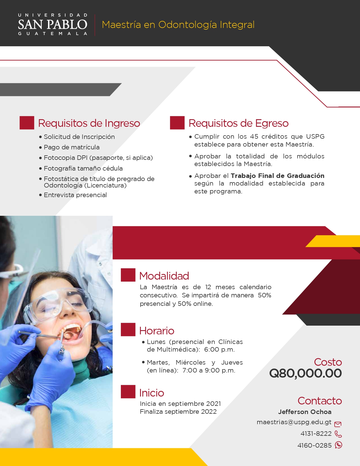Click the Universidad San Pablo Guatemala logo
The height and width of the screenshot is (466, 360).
click(x=53, y=24)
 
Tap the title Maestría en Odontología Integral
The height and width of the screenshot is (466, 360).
click(x=178, y=25)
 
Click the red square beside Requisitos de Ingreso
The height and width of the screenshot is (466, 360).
click(x=27, y=123)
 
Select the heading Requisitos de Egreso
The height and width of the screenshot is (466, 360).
click(x=238, y=123)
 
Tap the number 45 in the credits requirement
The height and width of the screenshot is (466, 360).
click(x=254, y=136)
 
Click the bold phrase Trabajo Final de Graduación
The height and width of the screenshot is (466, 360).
click(x=278, y=176)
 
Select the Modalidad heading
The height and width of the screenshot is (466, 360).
click(x=164, y=276)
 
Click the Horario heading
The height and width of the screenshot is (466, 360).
click(x=157, y=331)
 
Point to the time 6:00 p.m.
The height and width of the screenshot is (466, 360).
click(x=219, y=350)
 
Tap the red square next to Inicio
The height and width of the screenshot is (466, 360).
click(x=128, y=392)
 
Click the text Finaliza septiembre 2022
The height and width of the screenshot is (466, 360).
click(x=178, y=411)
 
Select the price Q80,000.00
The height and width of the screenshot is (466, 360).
click(x=305, y=373)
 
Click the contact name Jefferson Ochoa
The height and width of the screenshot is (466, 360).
click(x=305, y=412)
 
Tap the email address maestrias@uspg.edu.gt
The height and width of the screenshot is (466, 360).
click(x=294, y=422)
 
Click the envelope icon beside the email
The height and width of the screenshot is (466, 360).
click(x=338, y=424)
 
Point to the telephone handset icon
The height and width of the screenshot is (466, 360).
click(x=338, y=434)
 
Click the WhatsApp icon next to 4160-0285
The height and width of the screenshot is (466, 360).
click(x=339, y=445)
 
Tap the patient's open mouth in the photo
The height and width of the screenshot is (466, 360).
click(x=70, y=332)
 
